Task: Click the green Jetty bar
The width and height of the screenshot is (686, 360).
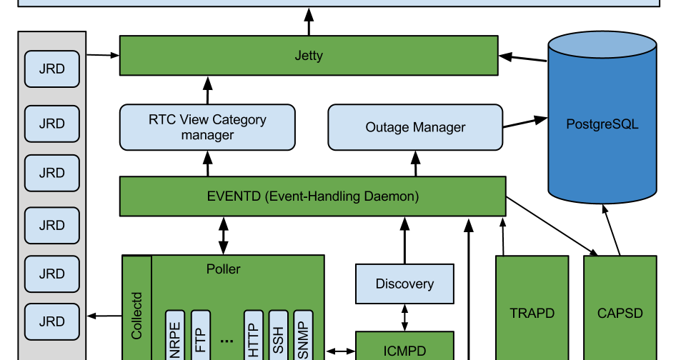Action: pos(309,56)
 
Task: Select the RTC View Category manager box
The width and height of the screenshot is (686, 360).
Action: pos(207,127)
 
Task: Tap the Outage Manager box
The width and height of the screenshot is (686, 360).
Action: pos(415,128)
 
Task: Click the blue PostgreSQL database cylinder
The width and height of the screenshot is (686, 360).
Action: pos(602,124)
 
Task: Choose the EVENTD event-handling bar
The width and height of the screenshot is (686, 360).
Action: pos(312,196)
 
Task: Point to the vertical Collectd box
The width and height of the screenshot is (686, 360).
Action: pos(137,314)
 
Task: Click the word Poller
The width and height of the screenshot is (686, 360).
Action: pos(223,269)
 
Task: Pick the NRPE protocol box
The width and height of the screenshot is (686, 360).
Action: pos(175,336)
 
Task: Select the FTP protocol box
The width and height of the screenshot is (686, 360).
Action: pos(200,336)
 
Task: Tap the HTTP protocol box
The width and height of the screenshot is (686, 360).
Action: pos(254,336)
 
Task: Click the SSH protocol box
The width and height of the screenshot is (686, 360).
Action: pos(278,336)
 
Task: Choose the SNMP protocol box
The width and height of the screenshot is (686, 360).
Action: pos(303,336)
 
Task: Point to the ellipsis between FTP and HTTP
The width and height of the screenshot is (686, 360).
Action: pos(227,341)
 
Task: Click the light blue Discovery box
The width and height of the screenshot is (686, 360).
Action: pos(404,284)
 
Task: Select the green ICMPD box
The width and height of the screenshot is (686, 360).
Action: pos(404,348)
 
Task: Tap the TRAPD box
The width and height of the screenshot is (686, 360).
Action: pos(532,313)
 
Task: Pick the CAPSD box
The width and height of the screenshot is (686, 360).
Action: pos(620,313)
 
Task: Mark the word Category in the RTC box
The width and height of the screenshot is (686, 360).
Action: pos(239,119)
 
